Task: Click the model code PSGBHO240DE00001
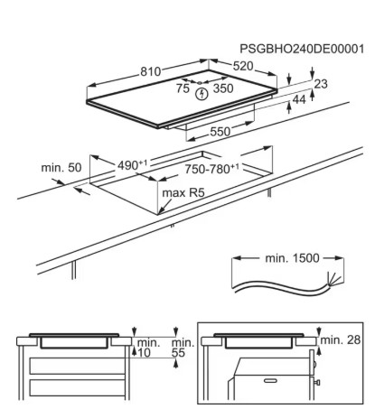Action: [x=302, y=49]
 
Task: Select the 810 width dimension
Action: [x=151, y=71]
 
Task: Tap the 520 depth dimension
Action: [x=243, y=66]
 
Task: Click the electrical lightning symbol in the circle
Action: [x=202, y=94]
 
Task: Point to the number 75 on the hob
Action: [x=183, y=88]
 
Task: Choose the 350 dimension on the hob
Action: [x=223, y=88]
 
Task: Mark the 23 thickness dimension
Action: [x=321, y=84]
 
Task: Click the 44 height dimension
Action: [x=299, y=99]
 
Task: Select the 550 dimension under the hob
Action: [x=220, y=132]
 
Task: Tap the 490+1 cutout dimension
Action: [x=133, y=165]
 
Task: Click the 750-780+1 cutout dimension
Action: [x=212, y=169]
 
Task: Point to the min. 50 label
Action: [x=61, y=168]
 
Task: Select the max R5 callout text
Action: [x=183, y=192]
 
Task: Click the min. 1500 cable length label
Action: [x=292, y=258]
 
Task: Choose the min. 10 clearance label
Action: [x=148, y=348]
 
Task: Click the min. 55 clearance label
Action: [x=183, y=348]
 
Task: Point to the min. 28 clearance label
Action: [x=341, y=340]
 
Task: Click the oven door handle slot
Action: [x=270, y=381]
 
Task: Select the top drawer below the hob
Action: [x=77, y=366]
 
